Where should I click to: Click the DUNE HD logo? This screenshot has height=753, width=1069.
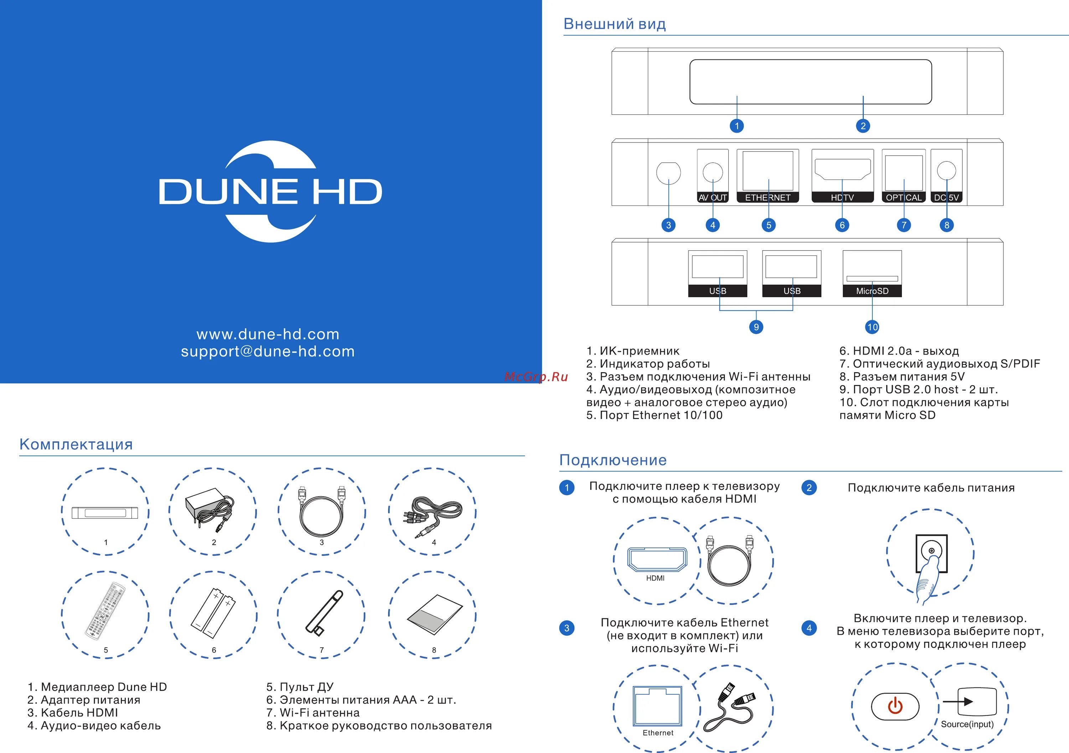pos(270,191)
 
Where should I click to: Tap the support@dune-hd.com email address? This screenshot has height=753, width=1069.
pos(268,351)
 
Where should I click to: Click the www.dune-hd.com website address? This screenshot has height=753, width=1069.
pos(268,334)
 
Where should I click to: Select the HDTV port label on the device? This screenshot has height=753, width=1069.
pos(842,197)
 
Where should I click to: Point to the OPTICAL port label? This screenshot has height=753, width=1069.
pos(903,197)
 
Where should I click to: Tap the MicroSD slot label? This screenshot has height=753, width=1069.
pos(872,291)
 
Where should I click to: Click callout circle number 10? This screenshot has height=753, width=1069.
pos(872,327)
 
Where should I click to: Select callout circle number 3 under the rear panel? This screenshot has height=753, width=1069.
pos(668,225)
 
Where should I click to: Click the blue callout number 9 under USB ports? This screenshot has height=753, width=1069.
pos(756,327)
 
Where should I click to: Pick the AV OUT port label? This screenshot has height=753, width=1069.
pos(712,197)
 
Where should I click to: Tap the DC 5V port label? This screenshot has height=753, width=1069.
pos(946,197)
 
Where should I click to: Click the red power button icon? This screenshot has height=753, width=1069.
pos(895,706)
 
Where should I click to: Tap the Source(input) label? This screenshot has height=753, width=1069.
pos(967,724)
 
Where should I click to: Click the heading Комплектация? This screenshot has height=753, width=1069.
pos(76,445)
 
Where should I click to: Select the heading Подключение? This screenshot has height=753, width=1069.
pos(613,460)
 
